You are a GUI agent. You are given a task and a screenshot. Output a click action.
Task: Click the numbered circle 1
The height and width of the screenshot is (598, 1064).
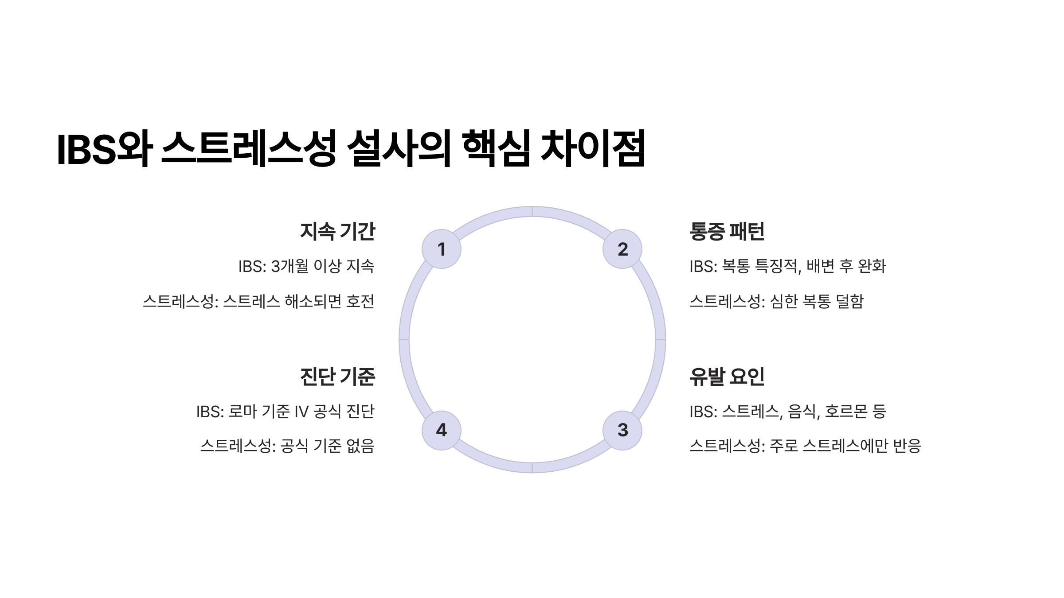tap(441, 249)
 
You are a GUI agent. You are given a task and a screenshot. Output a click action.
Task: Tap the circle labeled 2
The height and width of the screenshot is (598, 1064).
tap(622, 249)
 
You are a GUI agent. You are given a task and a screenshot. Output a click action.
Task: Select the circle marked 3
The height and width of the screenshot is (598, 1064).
tap(622, 430)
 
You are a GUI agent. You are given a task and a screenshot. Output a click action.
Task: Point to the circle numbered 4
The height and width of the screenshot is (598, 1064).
tap(441, 430)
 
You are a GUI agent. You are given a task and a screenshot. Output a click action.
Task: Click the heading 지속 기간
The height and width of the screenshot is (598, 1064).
tap(337, 231)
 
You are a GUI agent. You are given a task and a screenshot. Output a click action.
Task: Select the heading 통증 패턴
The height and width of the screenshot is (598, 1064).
tap(727, 231)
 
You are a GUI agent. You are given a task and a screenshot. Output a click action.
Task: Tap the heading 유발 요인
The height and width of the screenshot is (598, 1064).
tap(727, 377)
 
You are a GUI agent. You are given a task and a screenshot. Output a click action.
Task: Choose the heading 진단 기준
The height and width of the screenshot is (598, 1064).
tap(337, 377)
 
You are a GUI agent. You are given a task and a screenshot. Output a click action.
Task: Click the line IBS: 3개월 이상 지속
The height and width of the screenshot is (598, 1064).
tap(306, 266)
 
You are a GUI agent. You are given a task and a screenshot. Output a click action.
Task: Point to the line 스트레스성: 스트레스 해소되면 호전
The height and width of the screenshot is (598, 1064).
tap(259, 302)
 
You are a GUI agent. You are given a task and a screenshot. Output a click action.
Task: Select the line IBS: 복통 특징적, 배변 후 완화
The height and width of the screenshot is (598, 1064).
tap(788, 266)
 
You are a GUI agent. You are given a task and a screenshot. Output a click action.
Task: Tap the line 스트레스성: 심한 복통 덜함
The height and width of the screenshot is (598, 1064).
tap(777, 302)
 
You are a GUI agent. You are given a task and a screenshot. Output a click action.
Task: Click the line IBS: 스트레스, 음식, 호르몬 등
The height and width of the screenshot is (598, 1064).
tap(788, 412)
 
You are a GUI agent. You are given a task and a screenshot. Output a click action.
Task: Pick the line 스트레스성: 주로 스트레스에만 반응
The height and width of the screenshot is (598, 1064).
tap(806, 446)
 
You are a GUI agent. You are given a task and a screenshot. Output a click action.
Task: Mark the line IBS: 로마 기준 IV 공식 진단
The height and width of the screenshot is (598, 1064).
tap(286, 412)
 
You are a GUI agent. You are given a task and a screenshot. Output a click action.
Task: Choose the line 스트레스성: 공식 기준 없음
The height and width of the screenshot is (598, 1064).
tap(288, 446)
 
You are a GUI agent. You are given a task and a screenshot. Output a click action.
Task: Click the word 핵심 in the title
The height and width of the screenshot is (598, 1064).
tap(496, 148)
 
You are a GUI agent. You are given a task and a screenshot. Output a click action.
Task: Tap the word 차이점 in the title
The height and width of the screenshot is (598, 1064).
tap(593, 148)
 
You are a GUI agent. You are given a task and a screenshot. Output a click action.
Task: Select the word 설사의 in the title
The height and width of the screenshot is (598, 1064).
tap(399, 148)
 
